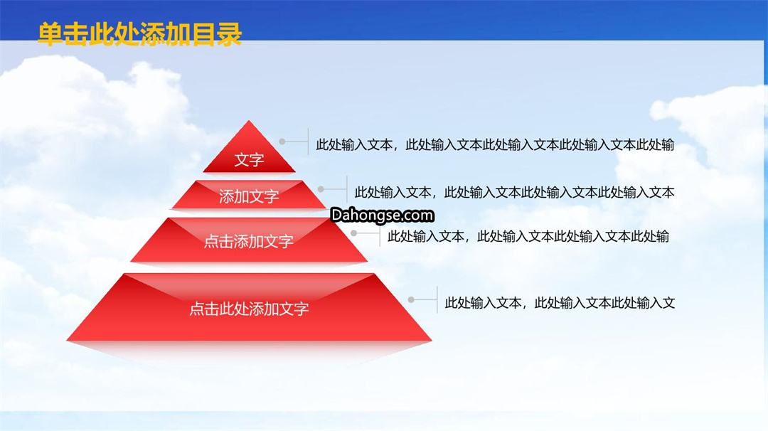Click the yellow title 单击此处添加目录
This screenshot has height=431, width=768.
[140, 34]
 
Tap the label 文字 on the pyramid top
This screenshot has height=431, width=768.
[249, 159]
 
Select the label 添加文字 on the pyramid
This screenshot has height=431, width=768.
[249, 197]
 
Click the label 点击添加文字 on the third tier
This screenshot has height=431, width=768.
[249, 241]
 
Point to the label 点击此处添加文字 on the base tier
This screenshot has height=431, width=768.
[249, 309]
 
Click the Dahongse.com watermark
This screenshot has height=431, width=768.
[382, 215]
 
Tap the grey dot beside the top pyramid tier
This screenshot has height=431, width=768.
[282, 142]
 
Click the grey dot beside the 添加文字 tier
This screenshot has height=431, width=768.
[321, 189]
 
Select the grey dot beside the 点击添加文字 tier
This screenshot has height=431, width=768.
[353, 233]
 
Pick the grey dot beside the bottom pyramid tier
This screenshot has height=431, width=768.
[411, 299]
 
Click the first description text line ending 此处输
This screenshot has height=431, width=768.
[495, 145]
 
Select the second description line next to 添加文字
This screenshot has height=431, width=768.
[514, 193]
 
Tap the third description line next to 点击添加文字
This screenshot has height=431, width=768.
[528, 237]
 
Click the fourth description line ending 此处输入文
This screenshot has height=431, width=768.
[560, 303]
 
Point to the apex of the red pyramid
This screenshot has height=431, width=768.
[249, 120]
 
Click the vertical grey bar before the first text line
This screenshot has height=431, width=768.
[308, 142]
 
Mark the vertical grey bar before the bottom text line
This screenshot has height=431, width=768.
[437, 299]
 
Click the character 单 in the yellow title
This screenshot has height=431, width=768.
[50, 34]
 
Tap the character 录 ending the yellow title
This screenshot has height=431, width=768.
[229, 34]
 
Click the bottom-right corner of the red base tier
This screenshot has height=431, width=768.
[432, 341]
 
